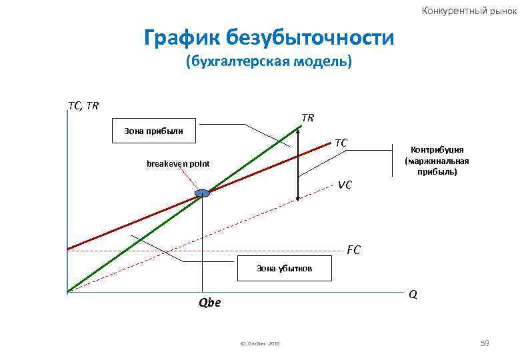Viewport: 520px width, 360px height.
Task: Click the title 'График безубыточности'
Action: pos(269,37)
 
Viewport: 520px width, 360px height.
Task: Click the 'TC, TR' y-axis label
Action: pos(83,105)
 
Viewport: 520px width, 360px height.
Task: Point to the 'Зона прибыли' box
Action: pos(154,131)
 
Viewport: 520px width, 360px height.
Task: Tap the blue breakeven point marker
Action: pos(202,193)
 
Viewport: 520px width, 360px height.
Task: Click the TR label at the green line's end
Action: pos(307,118)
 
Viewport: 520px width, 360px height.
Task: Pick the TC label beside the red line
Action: pos(341,143)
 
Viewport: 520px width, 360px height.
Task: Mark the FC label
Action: pos(353,251)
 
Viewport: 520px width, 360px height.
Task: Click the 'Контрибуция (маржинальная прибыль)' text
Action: pos(437,161)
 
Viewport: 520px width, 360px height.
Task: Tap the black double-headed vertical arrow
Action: pos(298,163)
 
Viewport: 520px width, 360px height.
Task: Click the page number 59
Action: pos(485,343)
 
